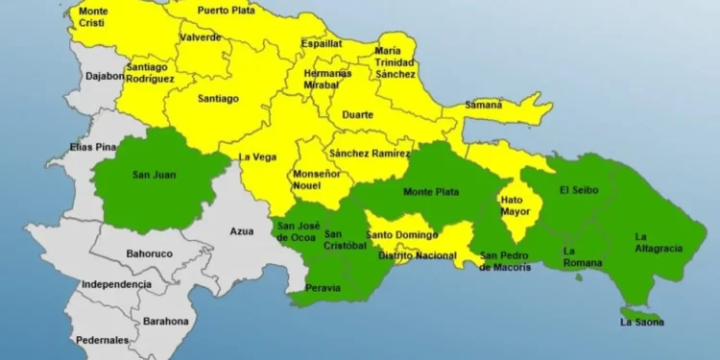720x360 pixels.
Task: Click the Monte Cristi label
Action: (93, 17)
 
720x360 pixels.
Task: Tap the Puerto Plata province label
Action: (228, 11)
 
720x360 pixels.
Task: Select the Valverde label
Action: (200, 37)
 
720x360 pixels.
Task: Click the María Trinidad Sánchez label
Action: (396, 62)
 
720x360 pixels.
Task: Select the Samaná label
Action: (484, 105)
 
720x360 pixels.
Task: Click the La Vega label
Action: (257, 156)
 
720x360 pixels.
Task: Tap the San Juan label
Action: (154, 176)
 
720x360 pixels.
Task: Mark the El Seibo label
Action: (578, 190)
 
